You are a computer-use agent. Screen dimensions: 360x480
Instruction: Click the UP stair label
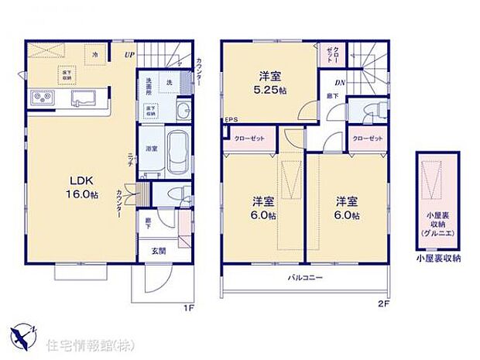pos(131,54)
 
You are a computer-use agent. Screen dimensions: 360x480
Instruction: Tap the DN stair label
pos(339,83)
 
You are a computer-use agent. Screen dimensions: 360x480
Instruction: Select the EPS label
pos(230,120)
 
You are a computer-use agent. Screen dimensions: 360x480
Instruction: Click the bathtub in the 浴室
pos(177,147)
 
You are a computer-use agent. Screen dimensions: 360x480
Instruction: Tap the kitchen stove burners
pos(41,98)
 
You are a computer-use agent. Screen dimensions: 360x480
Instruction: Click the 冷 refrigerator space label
pos(94,55)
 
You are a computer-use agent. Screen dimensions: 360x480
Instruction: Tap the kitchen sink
pos(84,98)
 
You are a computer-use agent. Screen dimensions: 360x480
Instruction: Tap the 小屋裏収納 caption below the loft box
pos(437,259)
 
